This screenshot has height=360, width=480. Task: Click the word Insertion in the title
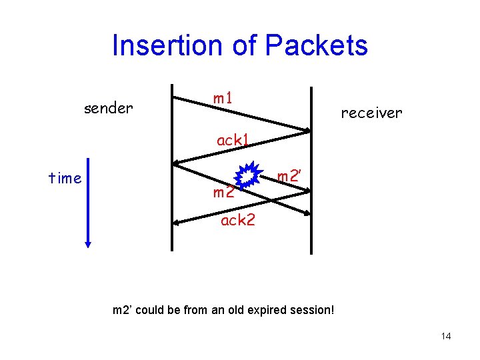pyautogui.click(x=160, y=46)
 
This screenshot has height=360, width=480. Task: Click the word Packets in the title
pyautogui.click(x=316, y=46)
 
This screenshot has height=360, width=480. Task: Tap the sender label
pyautogui.click(x=108, y=107)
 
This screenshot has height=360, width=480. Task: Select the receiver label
pyautogui.click(x=371, y=113)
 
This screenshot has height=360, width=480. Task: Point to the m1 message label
pyautogui.click(x=223, y=98)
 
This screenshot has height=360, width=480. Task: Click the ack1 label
pyautogui.click(x=233, y=141)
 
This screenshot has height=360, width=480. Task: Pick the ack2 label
pyautogui.click(x=238, y=220)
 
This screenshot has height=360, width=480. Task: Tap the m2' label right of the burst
pyautogui.click(x=291, y=177)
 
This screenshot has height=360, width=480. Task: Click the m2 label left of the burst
pyautogui.click(x=223, y=193)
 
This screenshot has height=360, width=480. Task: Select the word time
pyautogui.click(x=65, y=177)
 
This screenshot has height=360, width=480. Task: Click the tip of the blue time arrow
pyautogui.click(x=87, y=245)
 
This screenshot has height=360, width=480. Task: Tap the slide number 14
pyautogui.click(x=446, y=336)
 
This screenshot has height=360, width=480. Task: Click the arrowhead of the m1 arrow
pyautogui.click(x=308, y=130)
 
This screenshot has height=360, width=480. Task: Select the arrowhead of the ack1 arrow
pyautogui.click(x=175, y=162)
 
